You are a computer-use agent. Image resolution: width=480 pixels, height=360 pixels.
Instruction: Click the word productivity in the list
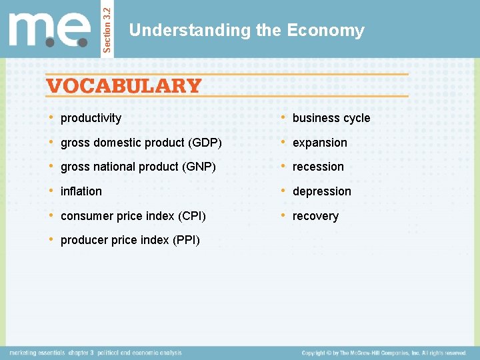[x=91, y=118]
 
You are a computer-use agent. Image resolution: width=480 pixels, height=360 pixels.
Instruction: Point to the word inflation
[x=81, y=191]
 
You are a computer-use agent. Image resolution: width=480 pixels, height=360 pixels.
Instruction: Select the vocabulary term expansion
[x=319, y=143]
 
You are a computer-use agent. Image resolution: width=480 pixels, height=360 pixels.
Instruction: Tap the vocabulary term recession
[x=318, y=167]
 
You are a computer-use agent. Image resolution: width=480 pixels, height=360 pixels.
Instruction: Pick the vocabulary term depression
[x=321, y=191]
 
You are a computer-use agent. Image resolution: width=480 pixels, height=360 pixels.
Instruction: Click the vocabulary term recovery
[x=315, y=216]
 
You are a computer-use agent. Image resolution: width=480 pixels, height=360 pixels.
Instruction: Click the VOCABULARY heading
[x=124, y=86]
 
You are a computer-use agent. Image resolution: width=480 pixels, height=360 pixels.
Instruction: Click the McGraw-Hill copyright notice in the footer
[x=383, y=353]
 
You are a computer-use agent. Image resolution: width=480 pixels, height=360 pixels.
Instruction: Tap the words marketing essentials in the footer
[x=37, y=353]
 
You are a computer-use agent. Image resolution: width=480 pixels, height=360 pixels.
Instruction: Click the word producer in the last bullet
[x=83, y=240]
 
